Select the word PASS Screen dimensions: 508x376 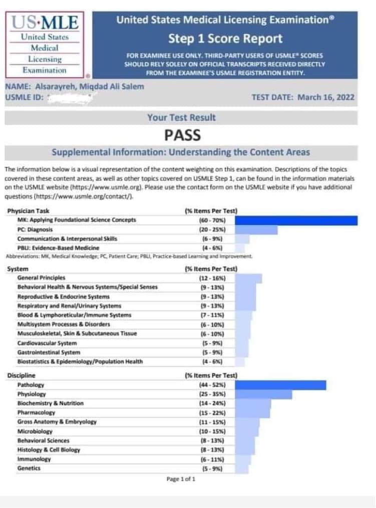point(182,135)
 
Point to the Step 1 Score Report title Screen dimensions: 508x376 point(225,39)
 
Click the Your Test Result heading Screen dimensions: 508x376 point(181,118)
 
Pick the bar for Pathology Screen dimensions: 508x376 point(280,385)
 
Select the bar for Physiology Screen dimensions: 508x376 point(263,394)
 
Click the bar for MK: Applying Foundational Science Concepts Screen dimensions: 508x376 point(296,220)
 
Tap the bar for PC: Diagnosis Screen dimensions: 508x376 point(256,229)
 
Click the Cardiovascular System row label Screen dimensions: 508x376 point(47,343)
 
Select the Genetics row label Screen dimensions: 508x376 point(29,468)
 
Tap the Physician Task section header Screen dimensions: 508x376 point(28,211)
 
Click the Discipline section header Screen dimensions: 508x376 point(22,375)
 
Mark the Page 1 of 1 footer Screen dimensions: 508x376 point(181,479)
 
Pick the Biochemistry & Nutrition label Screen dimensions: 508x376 point(50,403)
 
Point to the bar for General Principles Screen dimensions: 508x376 point(248,278)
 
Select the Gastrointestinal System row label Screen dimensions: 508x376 point(49,352)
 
